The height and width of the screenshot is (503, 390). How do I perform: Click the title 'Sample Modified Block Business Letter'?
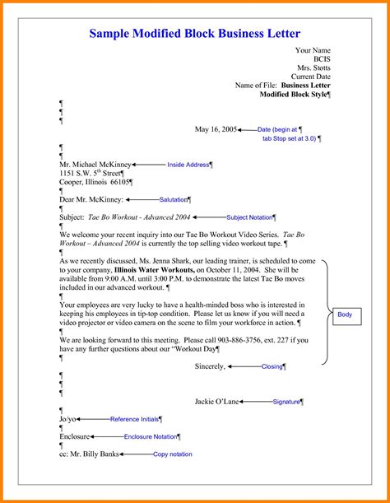(194, 34)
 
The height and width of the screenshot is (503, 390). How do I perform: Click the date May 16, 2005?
(216, 129)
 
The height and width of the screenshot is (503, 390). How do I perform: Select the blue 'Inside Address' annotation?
(188, 165)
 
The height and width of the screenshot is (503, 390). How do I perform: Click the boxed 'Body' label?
(344, 314)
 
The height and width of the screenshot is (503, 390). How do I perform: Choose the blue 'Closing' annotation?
(272, 366)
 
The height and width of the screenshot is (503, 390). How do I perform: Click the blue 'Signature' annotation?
(286, 402)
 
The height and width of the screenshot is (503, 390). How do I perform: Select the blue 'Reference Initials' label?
(132, 419)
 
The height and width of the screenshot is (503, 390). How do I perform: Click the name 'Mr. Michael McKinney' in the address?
(95, 165)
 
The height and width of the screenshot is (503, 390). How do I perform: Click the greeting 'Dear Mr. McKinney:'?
(91, 199)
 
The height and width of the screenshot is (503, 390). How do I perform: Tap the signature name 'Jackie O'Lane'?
(216, 402)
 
